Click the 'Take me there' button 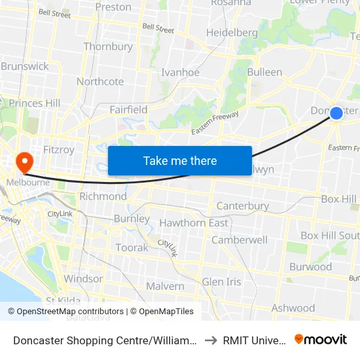[180, 160]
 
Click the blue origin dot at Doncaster [336, 113]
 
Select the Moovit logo [321, 339]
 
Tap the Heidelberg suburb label [232, 32]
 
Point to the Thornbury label [108, 46]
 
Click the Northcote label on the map [100, 82]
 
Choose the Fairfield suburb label [128, 109]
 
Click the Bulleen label [264, 72]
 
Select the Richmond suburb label [103, 196]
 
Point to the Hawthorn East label [194, 223]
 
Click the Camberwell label [239, 240]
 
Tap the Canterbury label [242, 206]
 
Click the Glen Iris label [221, 281]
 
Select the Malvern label [165, 286]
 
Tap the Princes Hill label [34, 103]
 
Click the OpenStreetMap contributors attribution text [65, 312]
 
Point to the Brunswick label [25, 66]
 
